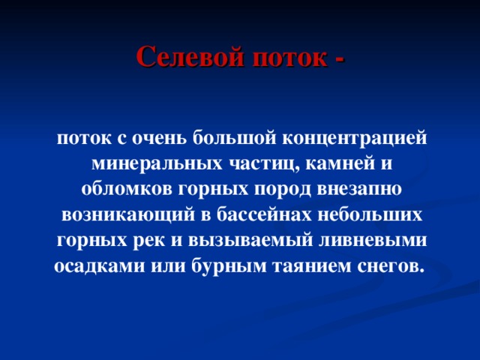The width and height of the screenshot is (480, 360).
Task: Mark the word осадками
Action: [x=89, y=266]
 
